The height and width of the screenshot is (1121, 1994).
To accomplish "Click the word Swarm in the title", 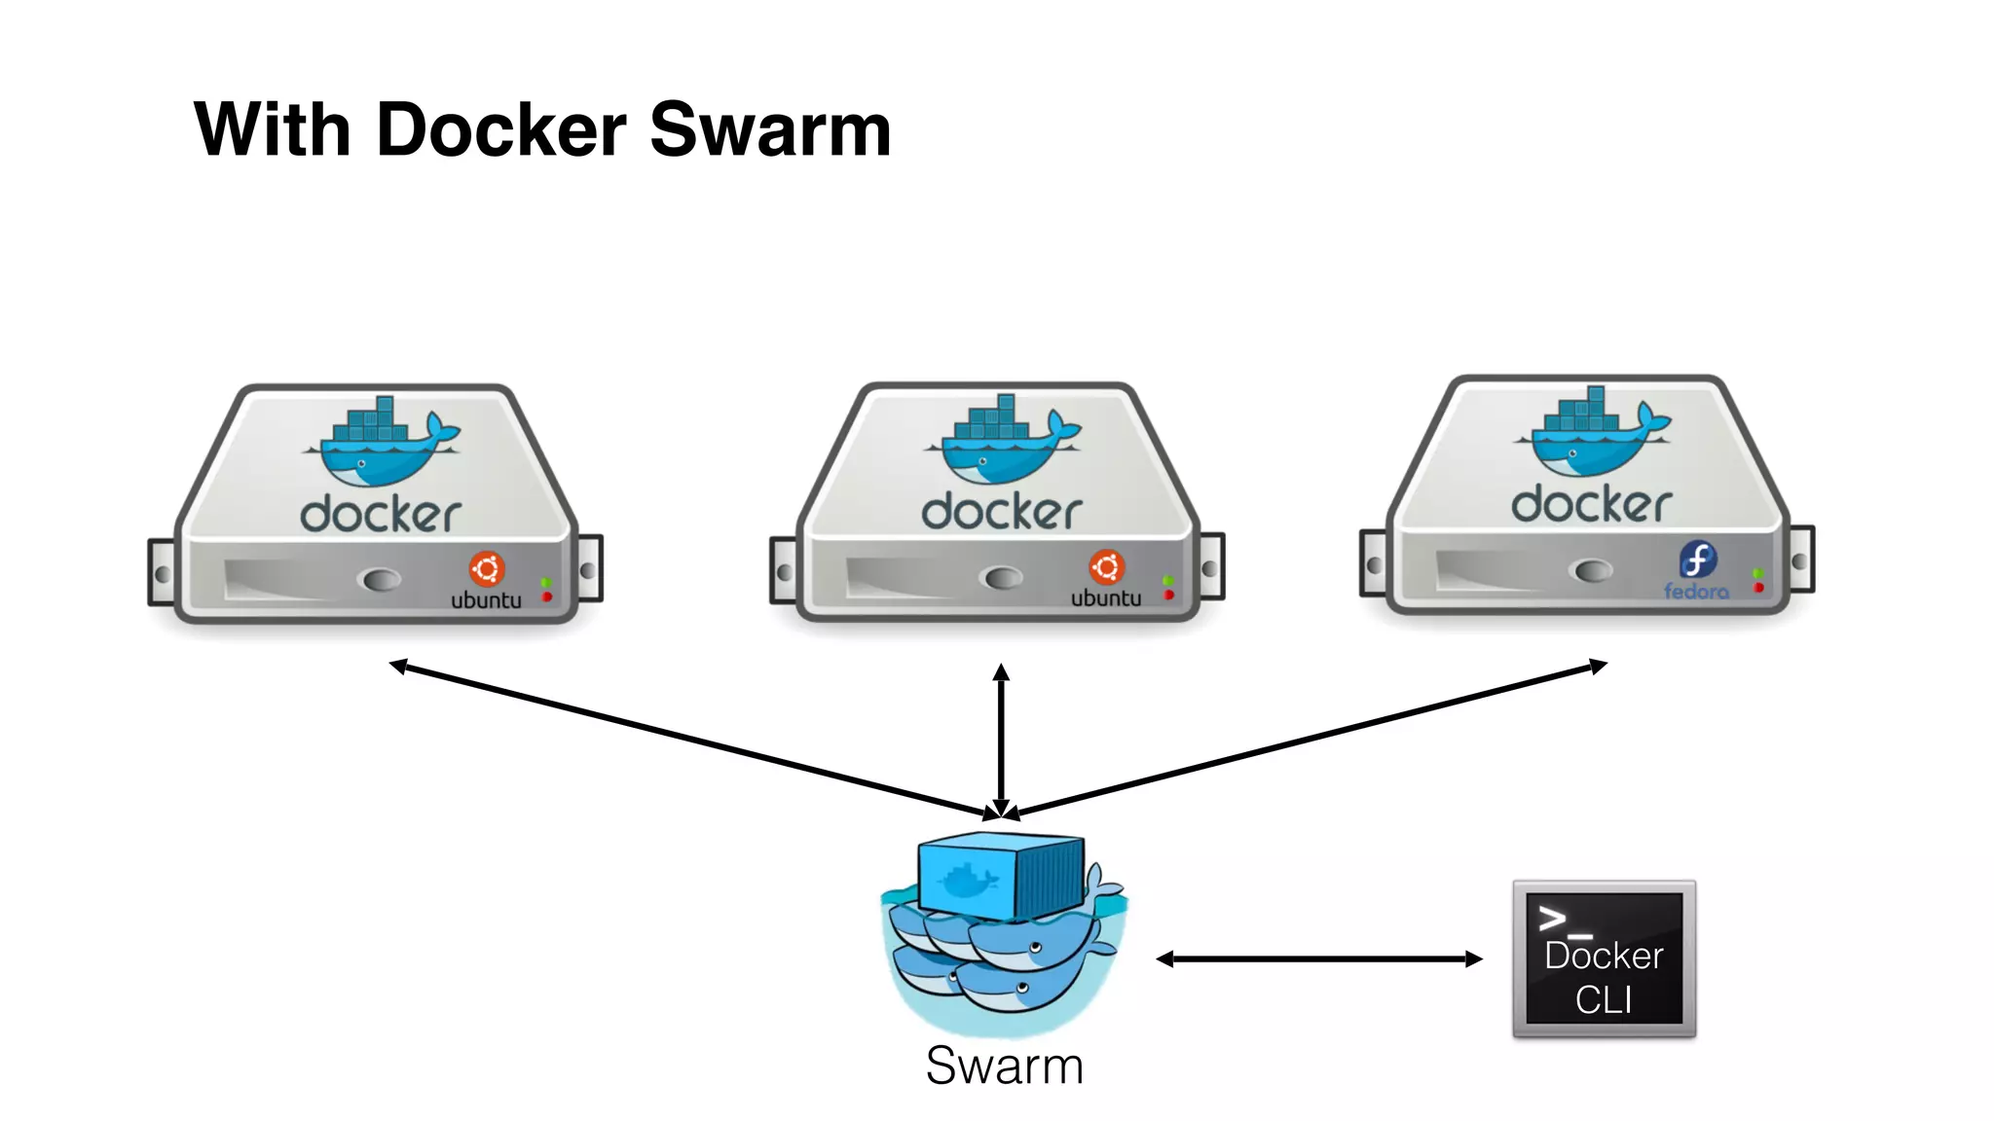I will tap(770, 129).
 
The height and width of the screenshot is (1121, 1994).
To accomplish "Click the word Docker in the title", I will tap(501, 129).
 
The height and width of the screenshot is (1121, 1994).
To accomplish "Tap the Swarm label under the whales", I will tap(1004, 1066).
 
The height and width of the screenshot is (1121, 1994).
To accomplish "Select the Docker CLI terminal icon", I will tap(1604, 959).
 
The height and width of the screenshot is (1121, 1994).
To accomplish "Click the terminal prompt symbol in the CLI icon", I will tap(1554, 918).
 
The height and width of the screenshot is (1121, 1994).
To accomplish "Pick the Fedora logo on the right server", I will tap(1697, 560).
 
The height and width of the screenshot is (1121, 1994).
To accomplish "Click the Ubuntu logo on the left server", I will tap(487, 568).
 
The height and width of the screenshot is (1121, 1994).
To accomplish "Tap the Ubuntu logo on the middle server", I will tap(1107, 566).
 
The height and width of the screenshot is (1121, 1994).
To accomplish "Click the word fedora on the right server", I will tap(1696, 592).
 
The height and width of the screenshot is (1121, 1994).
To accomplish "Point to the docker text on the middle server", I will tap(1002, 512).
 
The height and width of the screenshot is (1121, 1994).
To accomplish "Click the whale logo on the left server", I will tap(383, 444).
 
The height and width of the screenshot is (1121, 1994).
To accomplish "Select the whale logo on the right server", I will tap(1593, 434).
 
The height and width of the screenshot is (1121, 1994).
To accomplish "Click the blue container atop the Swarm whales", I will tap(1001, 875).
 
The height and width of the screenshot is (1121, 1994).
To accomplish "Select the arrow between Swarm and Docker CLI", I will tap(1318, 959).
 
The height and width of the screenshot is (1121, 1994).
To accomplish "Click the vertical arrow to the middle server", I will tap(1001, 740).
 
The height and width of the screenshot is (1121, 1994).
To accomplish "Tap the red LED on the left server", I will tap(547, 597).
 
